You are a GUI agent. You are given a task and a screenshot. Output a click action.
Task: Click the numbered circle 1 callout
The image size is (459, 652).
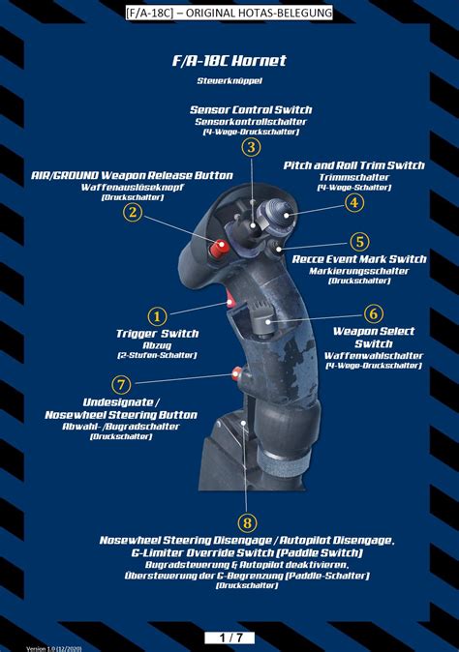coord(157,315)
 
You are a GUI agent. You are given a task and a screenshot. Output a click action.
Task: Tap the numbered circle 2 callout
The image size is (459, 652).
coord(133,213)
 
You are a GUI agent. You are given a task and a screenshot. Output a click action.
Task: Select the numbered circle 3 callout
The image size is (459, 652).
coord(251,147)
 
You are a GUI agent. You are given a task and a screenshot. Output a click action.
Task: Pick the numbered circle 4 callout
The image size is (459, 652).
coord(354,202)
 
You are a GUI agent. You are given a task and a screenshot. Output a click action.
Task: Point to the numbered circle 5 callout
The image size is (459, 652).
coord(359,242)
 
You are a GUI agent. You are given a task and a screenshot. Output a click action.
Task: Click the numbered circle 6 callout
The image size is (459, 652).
coord(374,313)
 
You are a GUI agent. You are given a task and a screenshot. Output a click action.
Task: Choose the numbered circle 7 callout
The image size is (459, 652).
coord(121,384)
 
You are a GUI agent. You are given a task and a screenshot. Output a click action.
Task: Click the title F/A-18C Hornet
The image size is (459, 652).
coord(229,61)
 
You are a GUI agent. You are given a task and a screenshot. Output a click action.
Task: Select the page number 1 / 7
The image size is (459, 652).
coord(229,637)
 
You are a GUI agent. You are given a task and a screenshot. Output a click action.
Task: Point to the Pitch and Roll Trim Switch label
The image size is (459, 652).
coord(353,165)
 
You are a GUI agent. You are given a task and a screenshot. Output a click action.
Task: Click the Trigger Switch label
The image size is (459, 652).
coord(157,334)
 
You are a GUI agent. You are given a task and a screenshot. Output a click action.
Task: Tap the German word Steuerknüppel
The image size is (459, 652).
coord(229,80)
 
